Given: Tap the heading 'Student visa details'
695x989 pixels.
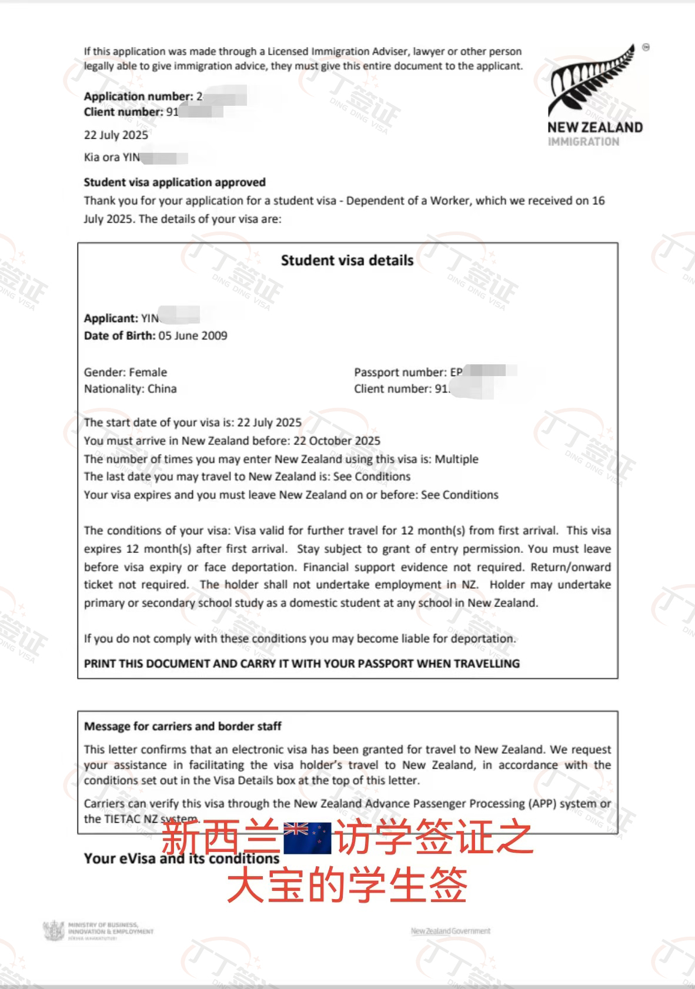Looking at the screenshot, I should click(x=347, y=260).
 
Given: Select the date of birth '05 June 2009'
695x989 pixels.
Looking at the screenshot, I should click(x=193, y=336).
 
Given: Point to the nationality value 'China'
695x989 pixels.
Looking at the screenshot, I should click(x=162, y=388).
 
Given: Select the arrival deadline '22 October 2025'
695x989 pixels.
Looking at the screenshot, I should click(x=337, y=441).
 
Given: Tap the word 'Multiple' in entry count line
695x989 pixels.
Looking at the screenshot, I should click(x=456, y=459).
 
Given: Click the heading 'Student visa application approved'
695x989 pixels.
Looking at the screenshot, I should click(x=175, y=182).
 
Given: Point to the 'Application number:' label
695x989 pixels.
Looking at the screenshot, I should click(x=138, y=96).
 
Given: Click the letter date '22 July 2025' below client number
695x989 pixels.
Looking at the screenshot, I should click(x=116, y=135).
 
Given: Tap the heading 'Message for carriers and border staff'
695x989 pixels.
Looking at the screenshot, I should click(x=182, y=726).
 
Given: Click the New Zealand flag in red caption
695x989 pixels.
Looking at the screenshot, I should click(x=307, y=837).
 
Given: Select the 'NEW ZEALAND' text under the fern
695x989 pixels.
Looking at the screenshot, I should click(x=594, y=127).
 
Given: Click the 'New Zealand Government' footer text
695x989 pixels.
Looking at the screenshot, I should click(x=450, y=931).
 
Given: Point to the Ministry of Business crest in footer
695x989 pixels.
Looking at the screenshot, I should click(x=54, y=931).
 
